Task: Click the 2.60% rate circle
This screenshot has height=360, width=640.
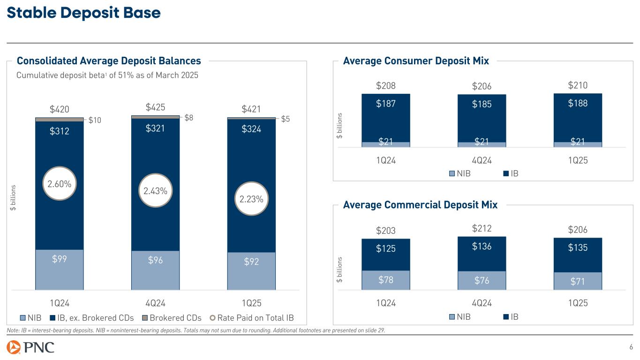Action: tap(60, 184)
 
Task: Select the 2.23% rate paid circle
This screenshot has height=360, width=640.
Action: tap(251, 199)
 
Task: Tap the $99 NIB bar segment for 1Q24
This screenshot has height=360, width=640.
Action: tap(60, 270)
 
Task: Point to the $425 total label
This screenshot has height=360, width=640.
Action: tap(155, 107)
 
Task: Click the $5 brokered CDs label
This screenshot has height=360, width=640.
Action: tap(285, 119)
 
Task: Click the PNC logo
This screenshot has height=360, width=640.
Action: tap(31, 348)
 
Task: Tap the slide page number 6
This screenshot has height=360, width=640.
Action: tap(631, 347)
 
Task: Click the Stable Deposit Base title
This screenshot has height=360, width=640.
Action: tap(83, 14)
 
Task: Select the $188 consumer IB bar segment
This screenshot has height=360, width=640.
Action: tap(578, 117)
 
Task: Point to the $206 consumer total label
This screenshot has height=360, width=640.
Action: tap(482, 87)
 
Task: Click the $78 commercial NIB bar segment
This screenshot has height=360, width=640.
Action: tap(386, 280)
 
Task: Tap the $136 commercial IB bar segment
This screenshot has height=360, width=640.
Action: tap(482, 254)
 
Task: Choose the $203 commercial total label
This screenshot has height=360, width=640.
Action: tap(386, 231)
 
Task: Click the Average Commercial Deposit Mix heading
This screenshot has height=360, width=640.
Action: tap(420, 205)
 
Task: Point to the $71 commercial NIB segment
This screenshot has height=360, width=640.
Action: tap(578, 281)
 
